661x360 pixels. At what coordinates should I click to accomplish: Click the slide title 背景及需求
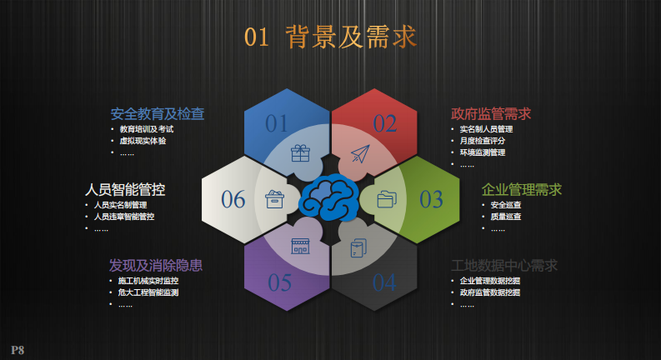(x=350, y=37)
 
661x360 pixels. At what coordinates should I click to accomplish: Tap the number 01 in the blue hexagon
(x=277, y=123)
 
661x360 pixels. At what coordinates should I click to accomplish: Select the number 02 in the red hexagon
(x=385, y=123)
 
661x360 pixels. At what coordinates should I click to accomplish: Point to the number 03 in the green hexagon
(x=431, y=199)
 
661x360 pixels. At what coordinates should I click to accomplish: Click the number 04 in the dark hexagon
(x=384, y=282)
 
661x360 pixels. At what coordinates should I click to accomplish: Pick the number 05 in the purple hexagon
(x=280, y=282)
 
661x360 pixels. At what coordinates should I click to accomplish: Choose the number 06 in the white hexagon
(x=233, y=199)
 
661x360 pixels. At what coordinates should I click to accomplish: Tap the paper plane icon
(x=360, y=154)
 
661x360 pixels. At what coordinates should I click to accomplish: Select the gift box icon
(x=300, y=153)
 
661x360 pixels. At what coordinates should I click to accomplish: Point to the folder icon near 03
(x=387, y=199)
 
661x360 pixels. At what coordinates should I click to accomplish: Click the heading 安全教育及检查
(x=158, y=114)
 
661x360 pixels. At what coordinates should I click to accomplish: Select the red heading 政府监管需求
(x=491, y=114)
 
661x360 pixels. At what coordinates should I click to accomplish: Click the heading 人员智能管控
(x=125, y=189)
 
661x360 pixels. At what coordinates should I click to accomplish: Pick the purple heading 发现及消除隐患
(x=156, y=266)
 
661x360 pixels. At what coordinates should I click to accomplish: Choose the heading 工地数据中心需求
(x=504, y=266)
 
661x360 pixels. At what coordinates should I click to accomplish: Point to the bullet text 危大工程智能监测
(x=148, y=292)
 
